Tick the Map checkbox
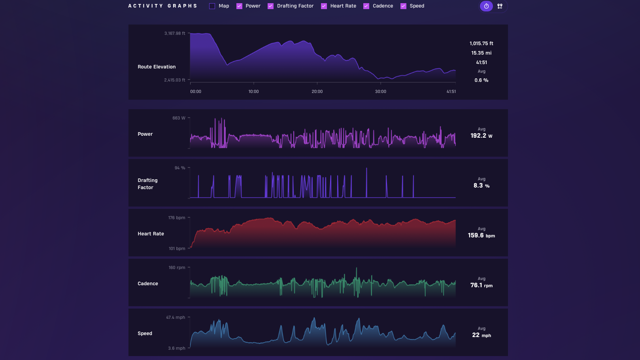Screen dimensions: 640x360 212,6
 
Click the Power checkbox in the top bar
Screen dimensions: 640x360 240,6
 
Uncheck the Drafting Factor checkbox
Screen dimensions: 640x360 270,6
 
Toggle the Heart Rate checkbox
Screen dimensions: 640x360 324,6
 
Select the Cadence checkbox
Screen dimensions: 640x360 366,6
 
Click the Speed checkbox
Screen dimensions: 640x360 404,6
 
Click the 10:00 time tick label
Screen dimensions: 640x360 253,91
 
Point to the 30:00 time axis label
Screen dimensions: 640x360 381,91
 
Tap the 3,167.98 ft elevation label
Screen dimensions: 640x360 175,34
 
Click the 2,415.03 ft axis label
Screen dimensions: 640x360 175,80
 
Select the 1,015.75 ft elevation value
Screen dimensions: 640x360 481,44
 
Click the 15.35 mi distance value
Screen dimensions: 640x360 481,53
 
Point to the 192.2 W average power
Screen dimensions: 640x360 481,136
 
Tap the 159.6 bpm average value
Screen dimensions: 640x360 481,236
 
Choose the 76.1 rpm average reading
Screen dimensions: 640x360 481,285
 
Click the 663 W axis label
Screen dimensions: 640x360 179,118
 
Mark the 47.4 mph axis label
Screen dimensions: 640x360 176,317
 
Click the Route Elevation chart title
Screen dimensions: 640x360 157,67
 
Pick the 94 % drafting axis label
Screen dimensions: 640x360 180,168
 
